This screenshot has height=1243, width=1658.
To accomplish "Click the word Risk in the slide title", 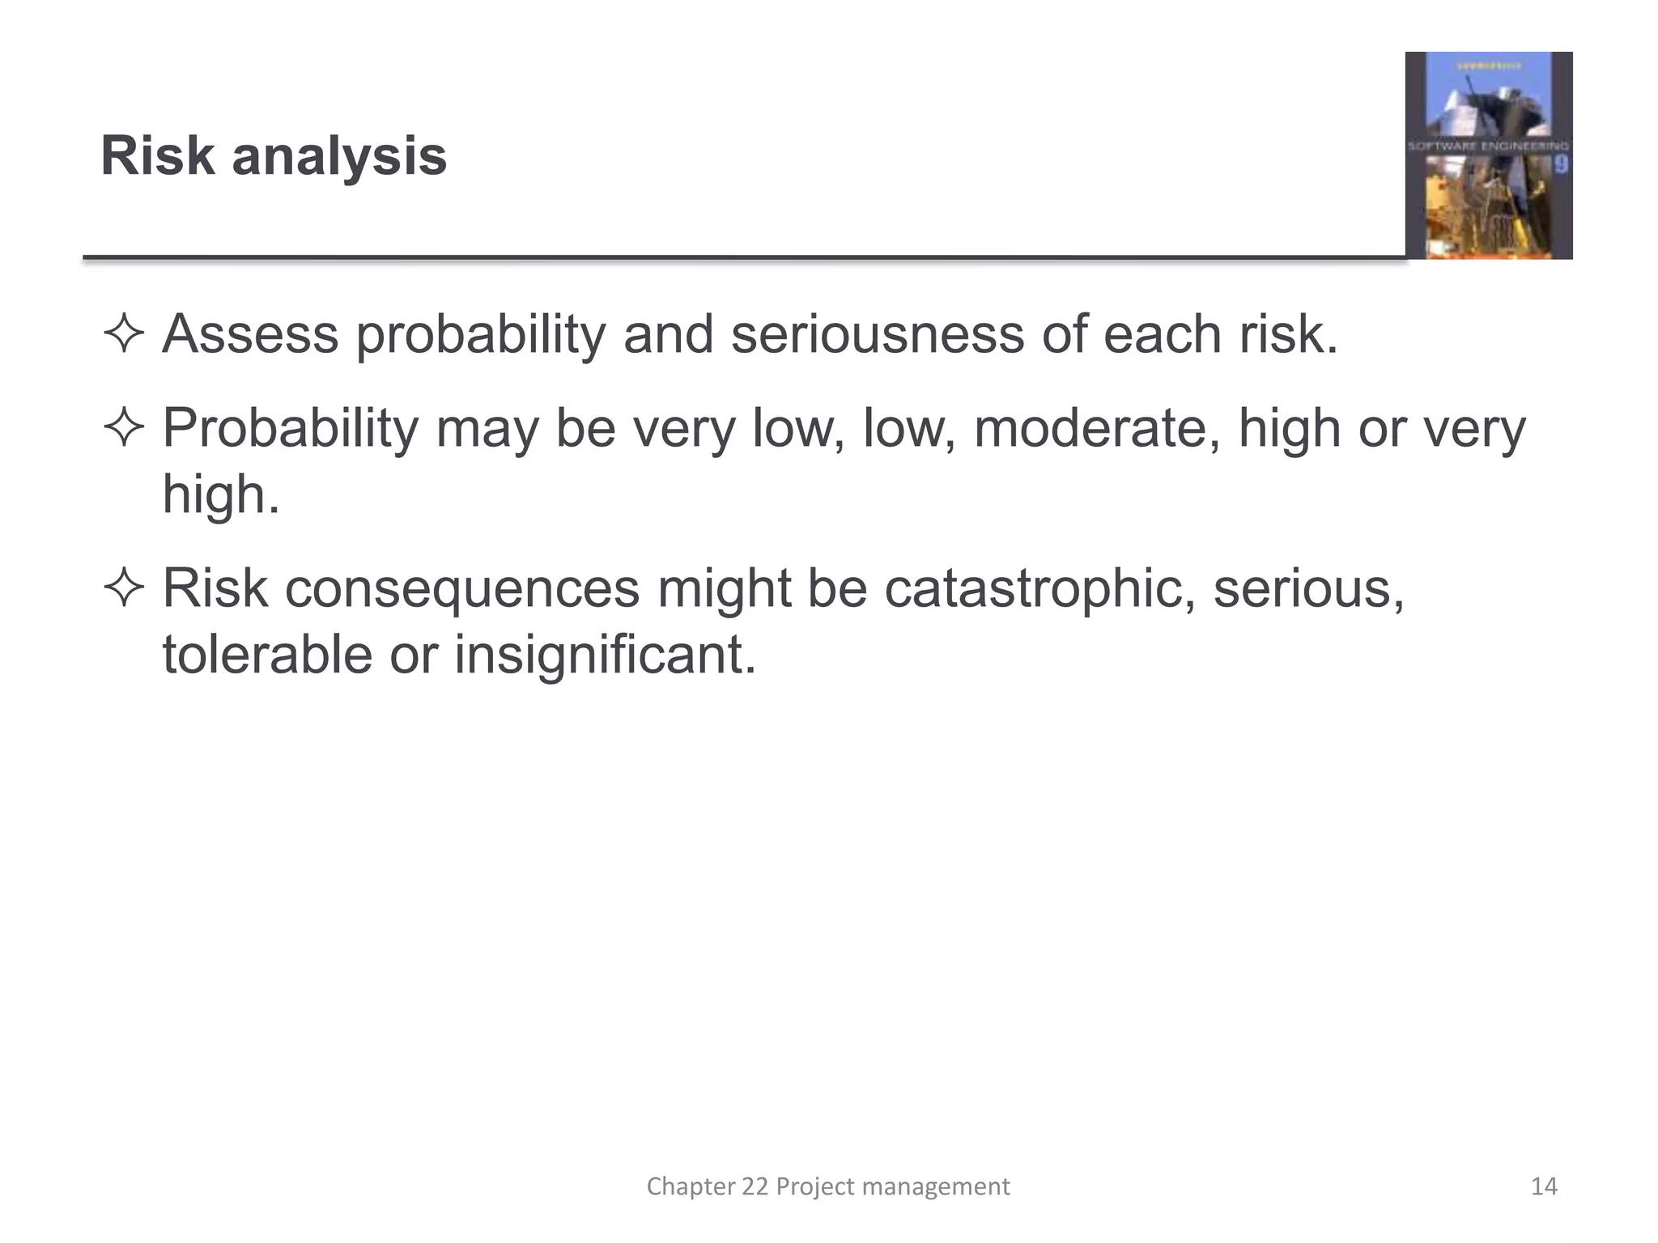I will coord(157,155).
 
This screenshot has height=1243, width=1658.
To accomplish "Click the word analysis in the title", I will coord(339,157).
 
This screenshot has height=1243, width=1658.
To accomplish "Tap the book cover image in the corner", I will coord(1488,155).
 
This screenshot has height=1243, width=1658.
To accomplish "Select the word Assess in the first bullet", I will coord(250,333).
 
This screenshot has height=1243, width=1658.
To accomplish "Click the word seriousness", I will coord(877,333).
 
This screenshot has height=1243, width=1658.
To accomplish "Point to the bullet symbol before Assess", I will coord(124,335).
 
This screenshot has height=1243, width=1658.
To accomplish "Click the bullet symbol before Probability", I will coord(124,429).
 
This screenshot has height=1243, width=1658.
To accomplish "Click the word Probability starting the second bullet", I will coord(291,429).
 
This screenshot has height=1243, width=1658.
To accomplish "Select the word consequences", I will coord(461,589).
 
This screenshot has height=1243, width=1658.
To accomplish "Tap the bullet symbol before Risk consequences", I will coord(124,588).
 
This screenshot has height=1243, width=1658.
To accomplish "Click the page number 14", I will coord(1544,1186).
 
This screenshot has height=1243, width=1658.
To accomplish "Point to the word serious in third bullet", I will coord(1307,589).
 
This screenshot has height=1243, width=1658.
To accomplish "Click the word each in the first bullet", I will coord(1162,333).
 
